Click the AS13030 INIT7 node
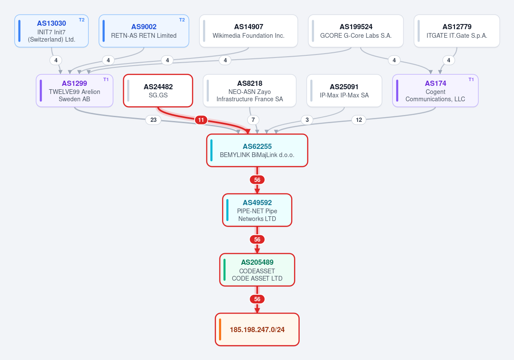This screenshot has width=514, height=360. coord(51,31)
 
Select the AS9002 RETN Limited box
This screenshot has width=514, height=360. coord(144,31)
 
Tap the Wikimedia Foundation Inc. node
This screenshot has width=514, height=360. coord(249,31)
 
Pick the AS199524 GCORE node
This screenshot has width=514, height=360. coord(356,31)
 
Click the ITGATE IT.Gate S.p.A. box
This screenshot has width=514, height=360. coord(457,31)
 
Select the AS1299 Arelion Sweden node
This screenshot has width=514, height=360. coord(75,91)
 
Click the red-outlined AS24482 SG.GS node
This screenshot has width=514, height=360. coord(158,91)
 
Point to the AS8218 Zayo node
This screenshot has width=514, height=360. coord(249,91)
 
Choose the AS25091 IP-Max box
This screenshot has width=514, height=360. coord(344,91)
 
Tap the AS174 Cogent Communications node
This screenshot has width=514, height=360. coord(435,91)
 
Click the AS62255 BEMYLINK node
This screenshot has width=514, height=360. coord(257,150)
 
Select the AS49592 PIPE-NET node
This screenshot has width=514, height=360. coord(257,210)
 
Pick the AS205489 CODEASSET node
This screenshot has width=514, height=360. coord(257,270)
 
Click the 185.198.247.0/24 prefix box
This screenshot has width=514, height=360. coord(257,330)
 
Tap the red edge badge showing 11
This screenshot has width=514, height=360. coord(201,120)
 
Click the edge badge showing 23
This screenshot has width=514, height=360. coord(153,120)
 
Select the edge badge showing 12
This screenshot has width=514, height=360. coord(359,120)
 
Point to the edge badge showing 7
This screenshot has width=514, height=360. coord(253,120)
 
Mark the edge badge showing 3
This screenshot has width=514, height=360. coord(307,120)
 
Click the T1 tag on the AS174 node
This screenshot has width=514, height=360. coord(471,79)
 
